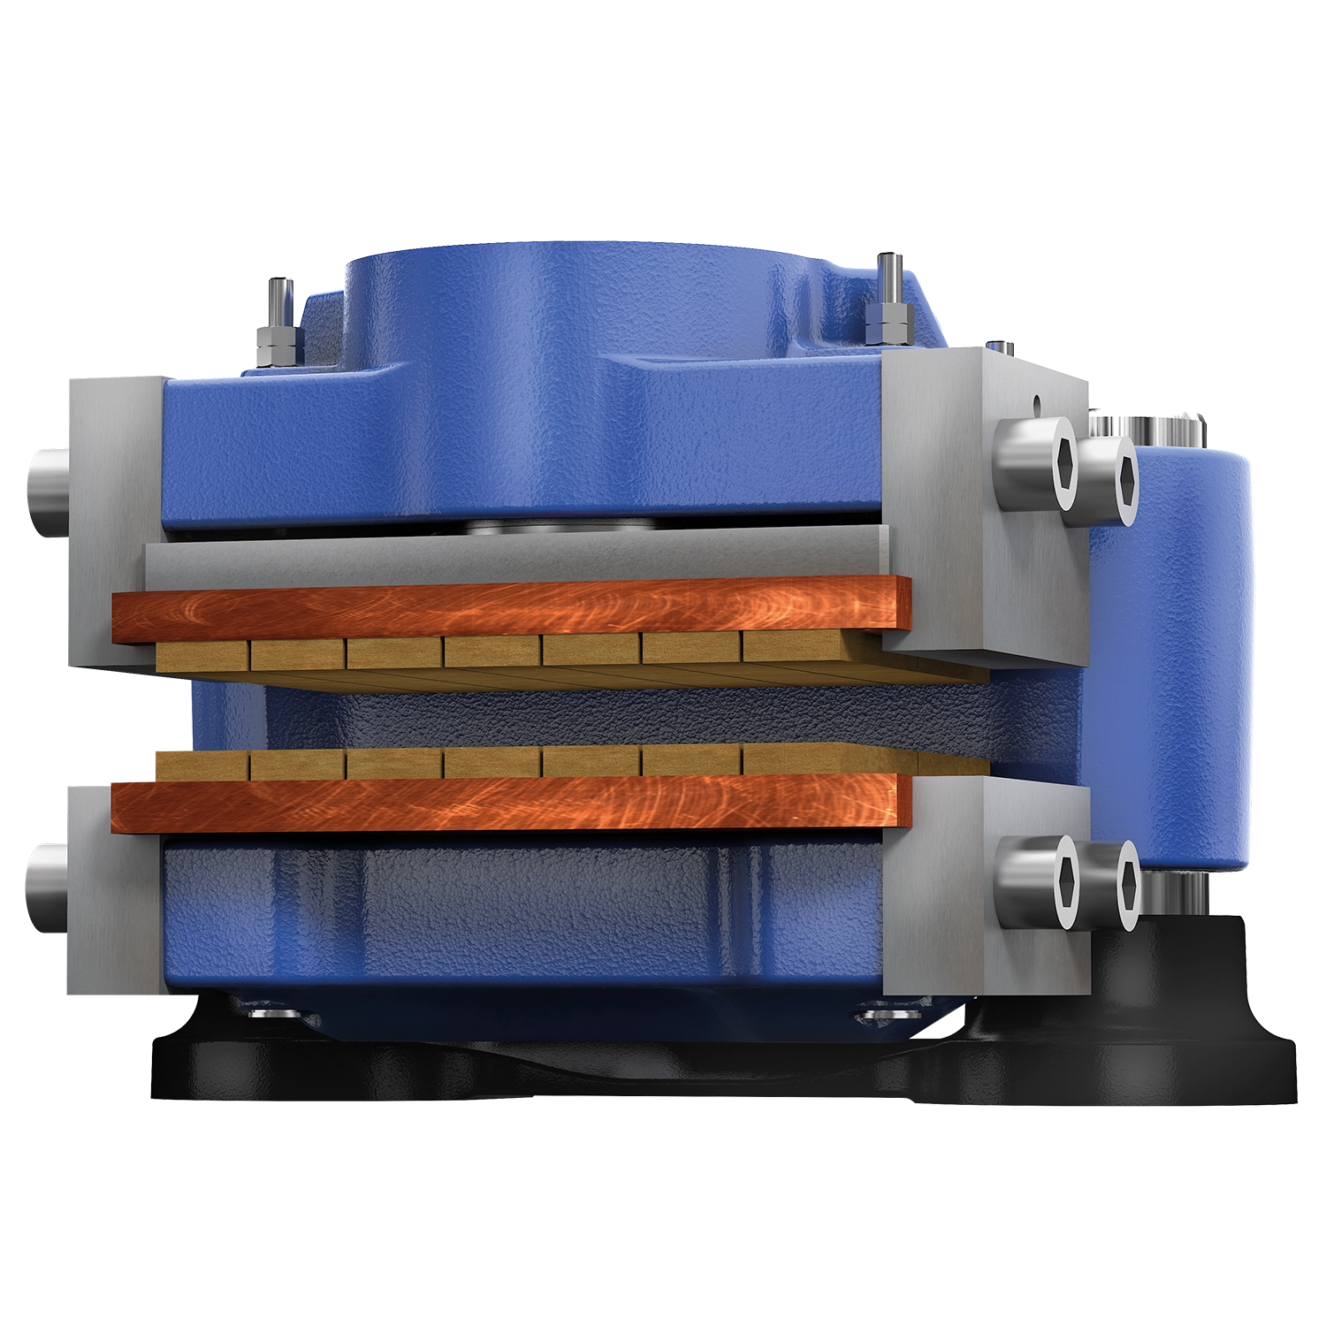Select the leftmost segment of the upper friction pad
pos(201,655)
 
